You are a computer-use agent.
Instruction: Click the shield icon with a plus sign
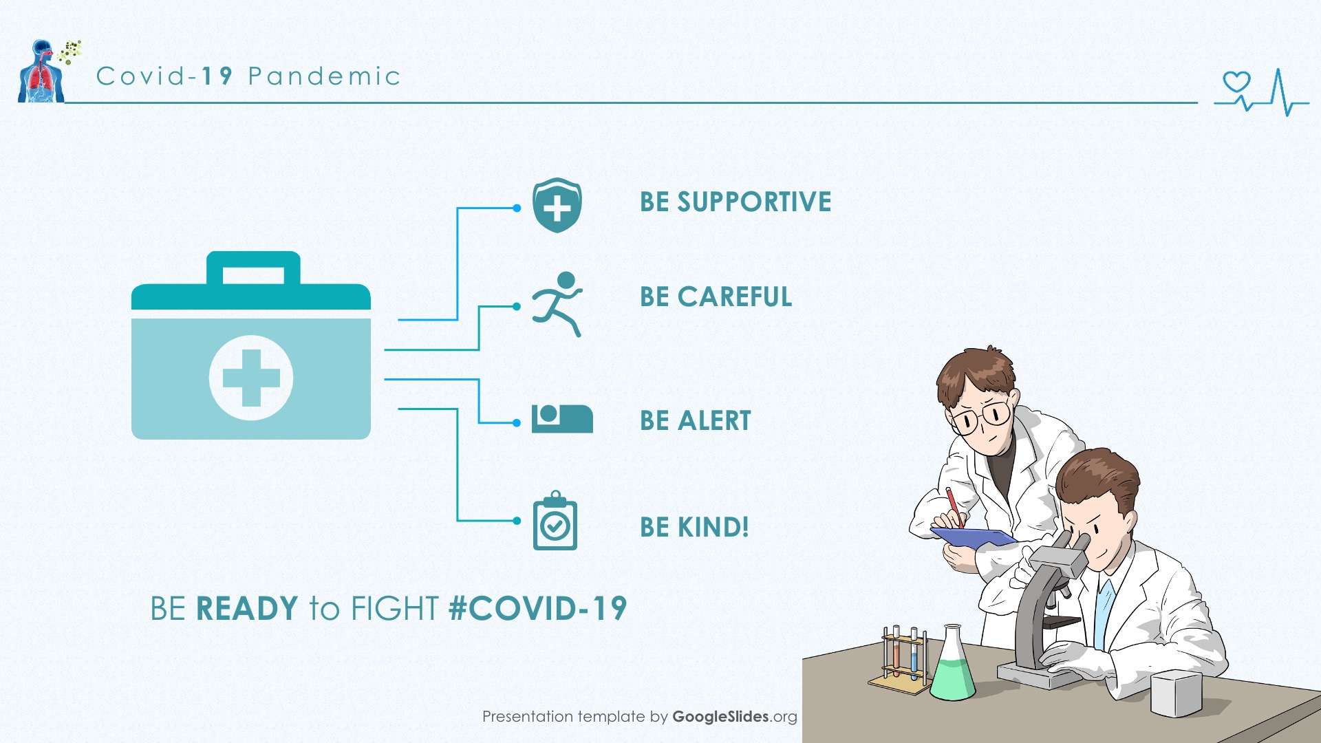[x=557, y=205]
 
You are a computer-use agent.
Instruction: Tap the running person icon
[x=557, y=304]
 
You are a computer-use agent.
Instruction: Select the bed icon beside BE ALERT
[x=562, y=418]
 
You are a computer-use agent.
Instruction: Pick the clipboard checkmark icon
[x=555, y=521]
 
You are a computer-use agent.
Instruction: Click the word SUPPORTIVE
[x=754, y=202]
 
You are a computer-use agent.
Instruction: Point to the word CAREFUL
[x=735, y=297]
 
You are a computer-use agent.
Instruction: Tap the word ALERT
[x=714, y=420]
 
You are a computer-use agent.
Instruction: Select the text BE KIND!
[x=694, y=527]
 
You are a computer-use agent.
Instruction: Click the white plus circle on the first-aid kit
[x=251, y=378]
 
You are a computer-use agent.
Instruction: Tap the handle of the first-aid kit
[x=253, y=268]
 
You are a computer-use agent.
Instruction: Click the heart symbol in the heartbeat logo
[x=1236, y=82]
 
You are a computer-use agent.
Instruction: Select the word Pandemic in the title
[x=324, y=76]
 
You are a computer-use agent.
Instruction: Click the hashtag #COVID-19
[x=537, y=608]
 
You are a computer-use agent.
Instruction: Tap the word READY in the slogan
[x=247, y=608]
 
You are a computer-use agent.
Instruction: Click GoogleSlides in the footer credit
[x=720, y=716]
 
